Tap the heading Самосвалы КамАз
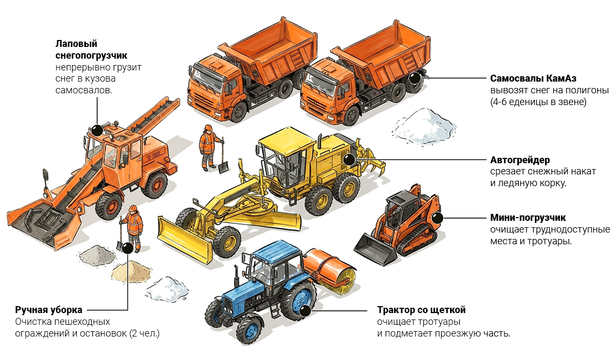pos(533,78)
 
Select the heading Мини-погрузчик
pos(528,218)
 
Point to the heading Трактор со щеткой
pos(421,310)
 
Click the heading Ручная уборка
pos(49,310)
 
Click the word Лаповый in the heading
pos(76,44)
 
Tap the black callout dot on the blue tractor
pos(305,310)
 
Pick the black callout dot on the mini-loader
pos(437,218)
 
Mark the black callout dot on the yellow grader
pos(349,159)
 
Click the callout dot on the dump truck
pos(415,78)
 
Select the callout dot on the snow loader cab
pos(97,130)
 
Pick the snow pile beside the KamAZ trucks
pos(425,126)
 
